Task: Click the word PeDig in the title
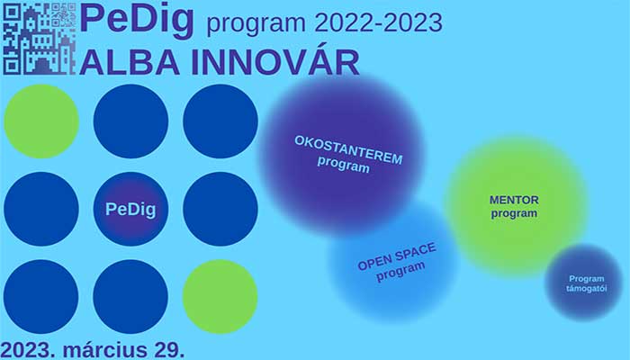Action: pyautogui.click(x=137, y=21)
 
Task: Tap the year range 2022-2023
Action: pyautogui.click(x=379, y=22)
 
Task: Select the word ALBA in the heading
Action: pyautogui.click(x=130, y=62)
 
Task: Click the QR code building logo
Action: pyautogui.click(x=40, y=39)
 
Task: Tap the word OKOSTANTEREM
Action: pyautogui.click(x=348, y=149)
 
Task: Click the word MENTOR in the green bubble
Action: pyautogui.click(x=514, y=200)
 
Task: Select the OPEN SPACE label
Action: pyautogui.click(x=397, y=256)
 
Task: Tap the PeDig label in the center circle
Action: pyautogui.click(x=130, y=210)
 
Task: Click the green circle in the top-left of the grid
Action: pyautogui.click(x=41, y=121)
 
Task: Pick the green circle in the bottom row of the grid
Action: pyautogui.click(x=220, y=296)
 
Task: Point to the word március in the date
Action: pyautogui.click(x=105, y=349)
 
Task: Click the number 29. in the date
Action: pyautogui.click(x=169, y=350)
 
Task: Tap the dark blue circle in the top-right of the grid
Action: pyautogui.click(x=220, y=121)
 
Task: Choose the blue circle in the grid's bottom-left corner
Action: pyautogui.click(x=41, y=296)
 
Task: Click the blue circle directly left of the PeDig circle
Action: pyautogui.click(x=41, y=209)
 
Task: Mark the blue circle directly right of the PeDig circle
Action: pyautogui.click(x=220, y=209)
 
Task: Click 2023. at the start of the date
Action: pyautogui.click(x=28, y=350)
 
